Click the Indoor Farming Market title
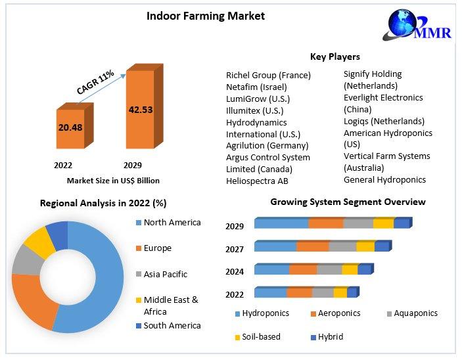click(x=206, y=16)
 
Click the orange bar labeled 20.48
click(x=70, y=127)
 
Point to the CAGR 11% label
click(x=95, y=82)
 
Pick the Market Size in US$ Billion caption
click(x=113, y=180)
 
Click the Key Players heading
click(x=335, y=56)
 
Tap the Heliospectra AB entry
click(x=257, y=181)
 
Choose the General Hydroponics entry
click(x=384, y=179)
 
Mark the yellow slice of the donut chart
click(x=39, y=241)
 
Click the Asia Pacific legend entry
click(x=166, y=274)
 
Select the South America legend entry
click(x=172, y=325)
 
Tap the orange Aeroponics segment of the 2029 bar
click(x=326, y=223)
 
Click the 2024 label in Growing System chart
click(x=235, y=271)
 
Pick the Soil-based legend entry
click(x=261, y=336)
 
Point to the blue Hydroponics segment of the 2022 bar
click(x=270, y=293)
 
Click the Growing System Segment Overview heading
click(x=348, y=202)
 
